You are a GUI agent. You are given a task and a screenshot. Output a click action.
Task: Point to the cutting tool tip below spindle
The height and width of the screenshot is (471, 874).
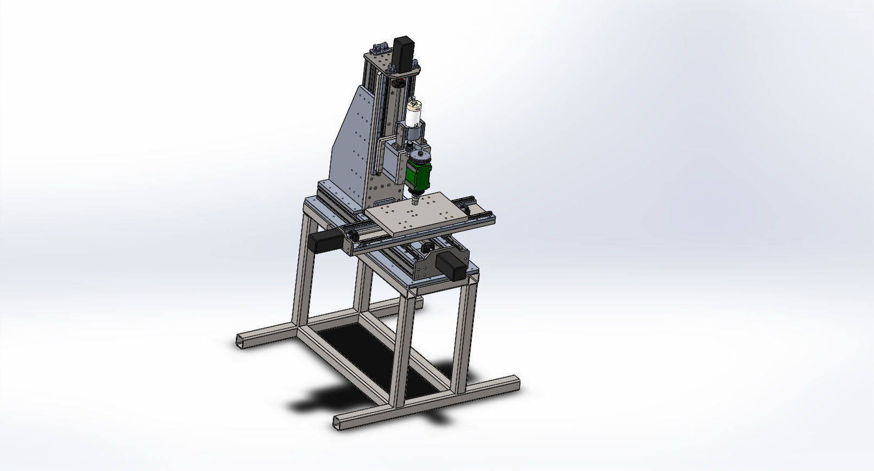415,202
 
